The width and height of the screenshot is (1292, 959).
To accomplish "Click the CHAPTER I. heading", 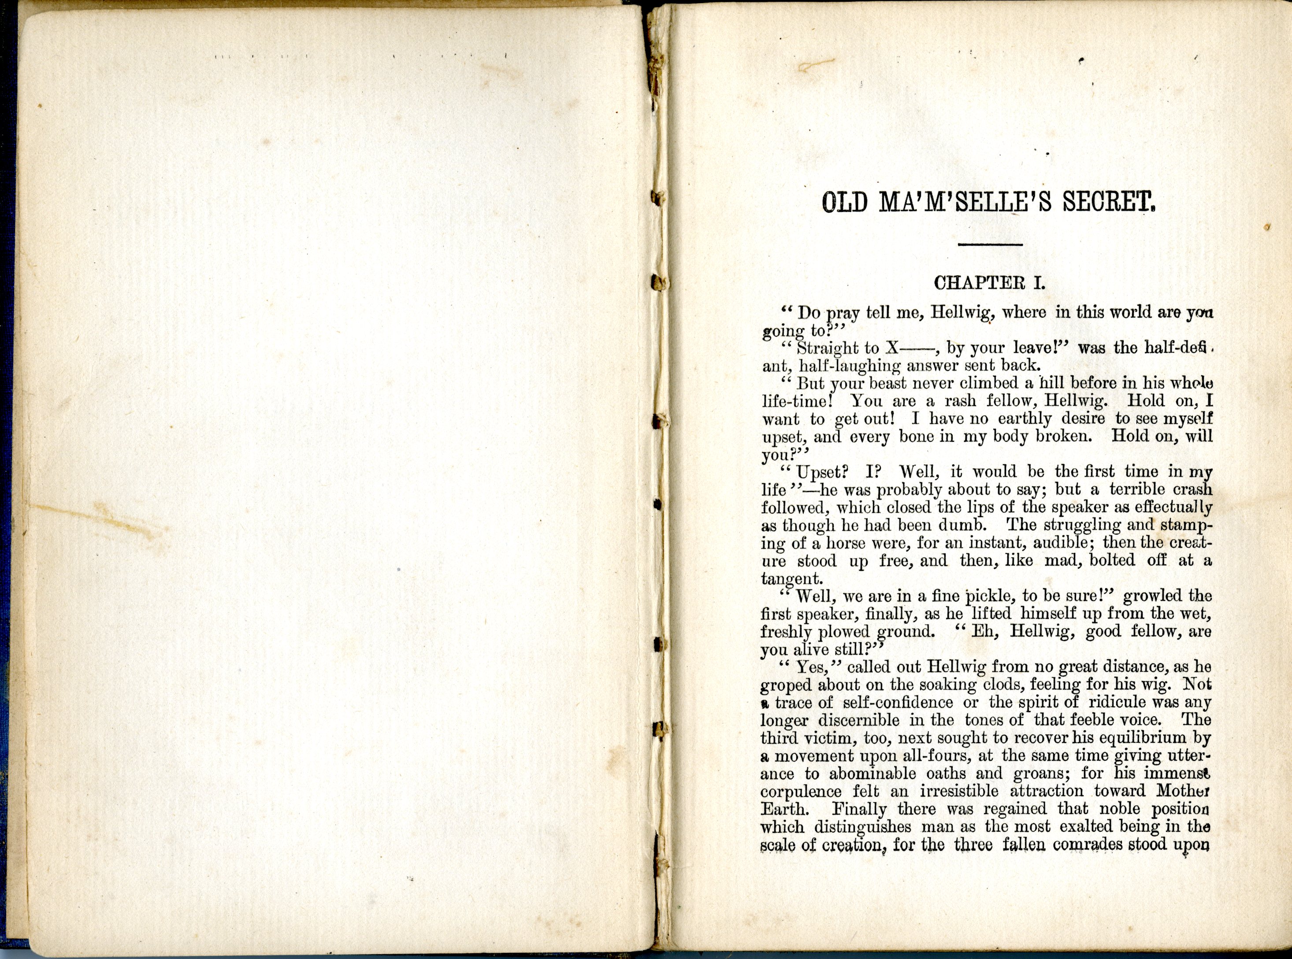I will (989, 283).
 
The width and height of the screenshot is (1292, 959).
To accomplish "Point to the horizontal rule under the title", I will (990, 245).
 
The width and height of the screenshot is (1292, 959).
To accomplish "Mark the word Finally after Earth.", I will (859, 809).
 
